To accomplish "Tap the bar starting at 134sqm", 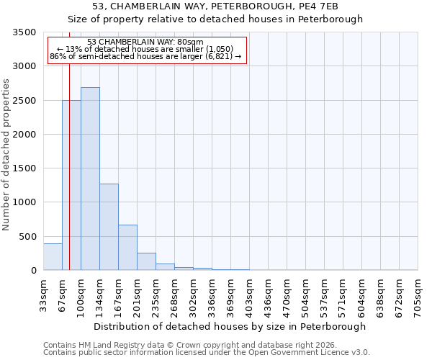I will pyautogui.click(x=109, y=227).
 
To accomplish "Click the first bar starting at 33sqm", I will pyautogui.click(x=53, y=257).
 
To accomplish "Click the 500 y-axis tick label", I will pyautogui.click(x=27, y=237).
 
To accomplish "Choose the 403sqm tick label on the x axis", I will pyautogui.click(x=249, y=294).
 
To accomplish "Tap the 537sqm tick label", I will pyautogui.click(x=324, y=294).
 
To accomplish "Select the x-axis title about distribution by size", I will pyautogui.click(x=230, y=326).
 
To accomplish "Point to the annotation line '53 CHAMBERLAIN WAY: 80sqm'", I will pyautogui.click(x=145, y=42).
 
